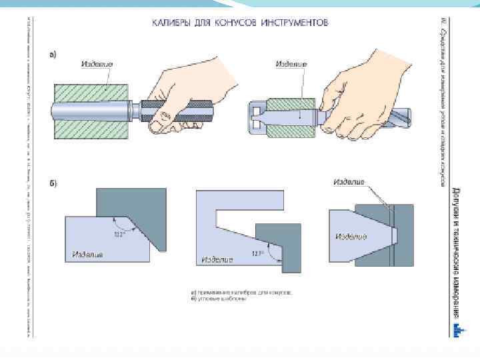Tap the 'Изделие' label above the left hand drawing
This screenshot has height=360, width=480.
tap(97, 64)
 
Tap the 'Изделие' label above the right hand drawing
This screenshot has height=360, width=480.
tap(291, 64)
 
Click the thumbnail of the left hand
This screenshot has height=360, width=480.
tap(158, 124)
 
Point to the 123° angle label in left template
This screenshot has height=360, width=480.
tap(120, 233)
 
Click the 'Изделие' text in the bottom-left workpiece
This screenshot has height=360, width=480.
tap(88, 254)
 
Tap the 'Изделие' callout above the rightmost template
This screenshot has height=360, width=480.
tap(348, 181)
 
